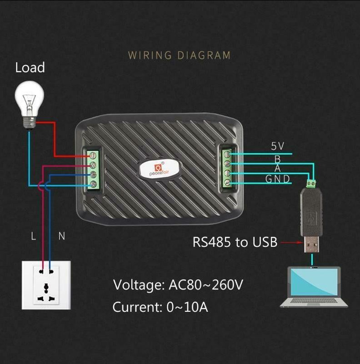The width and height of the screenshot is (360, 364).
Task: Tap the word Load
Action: (30, 68)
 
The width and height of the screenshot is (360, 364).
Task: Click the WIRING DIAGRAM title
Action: (179, 55)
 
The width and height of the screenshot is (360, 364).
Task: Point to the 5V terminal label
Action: (277, 146)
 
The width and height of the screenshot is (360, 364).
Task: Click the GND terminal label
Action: (277, 179)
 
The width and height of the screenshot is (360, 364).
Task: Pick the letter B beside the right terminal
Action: (277, 159)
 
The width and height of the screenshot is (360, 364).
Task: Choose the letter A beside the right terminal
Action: (277, 169)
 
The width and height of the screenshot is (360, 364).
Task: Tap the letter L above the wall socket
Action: (33, 236)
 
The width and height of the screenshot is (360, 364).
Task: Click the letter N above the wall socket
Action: (62, 236)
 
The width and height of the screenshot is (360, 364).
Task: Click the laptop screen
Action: (315, 282)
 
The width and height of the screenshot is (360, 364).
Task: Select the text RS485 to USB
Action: (235, 242)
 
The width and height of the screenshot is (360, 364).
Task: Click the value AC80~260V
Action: (206, 285)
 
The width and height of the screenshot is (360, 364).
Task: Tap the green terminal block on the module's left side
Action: (93, 169)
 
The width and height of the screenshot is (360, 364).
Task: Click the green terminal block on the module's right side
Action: (227, 169)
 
